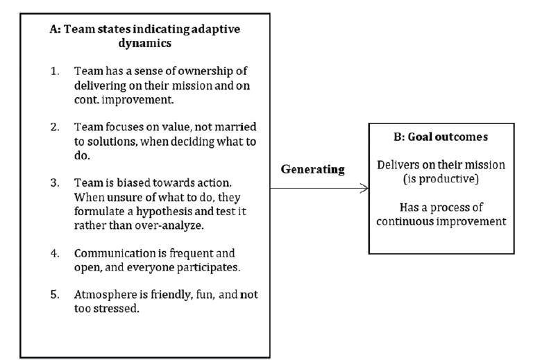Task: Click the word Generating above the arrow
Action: tap(312, 170)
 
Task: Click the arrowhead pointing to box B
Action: tap(364, 188)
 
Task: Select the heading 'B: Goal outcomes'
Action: tap(441, 137)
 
